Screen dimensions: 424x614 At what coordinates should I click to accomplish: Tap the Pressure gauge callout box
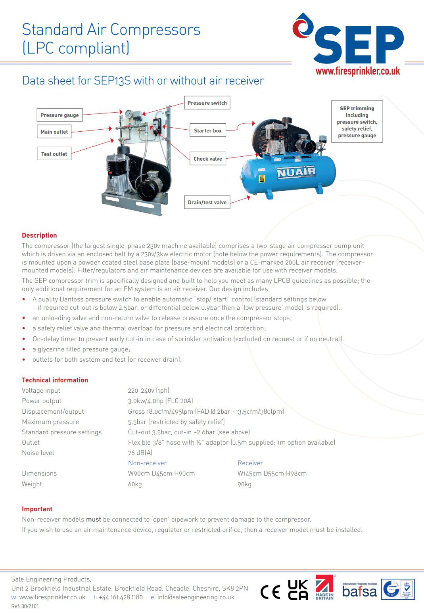[59, 115]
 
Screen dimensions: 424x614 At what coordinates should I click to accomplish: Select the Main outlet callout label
[54, 132]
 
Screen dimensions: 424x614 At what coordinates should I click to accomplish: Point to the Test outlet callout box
[54, 154]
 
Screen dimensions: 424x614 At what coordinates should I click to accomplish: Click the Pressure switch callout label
[207, 103]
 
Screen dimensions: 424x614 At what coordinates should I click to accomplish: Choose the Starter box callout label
[207, 130]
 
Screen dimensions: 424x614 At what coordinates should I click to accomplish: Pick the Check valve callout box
[207, 159]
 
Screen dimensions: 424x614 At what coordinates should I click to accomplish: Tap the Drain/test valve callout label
[207, 202]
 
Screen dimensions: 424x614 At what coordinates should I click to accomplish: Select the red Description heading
[39, 235]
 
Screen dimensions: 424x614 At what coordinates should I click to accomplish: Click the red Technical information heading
[55, 380]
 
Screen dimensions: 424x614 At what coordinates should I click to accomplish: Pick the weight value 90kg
[244, 484]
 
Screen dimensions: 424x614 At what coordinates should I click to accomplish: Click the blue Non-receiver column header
[147, 463]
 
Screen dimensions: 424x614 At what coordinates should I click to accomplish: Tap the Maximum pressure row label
[50, 422]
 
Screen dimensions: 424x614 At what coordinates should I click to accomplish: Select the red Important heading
[37, 509]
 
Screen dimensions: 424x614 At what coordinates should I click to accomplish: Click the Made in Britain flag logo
[324, 587]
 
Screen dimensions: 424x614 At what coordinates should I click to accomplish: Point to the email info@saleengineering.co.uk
[196, 597]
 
